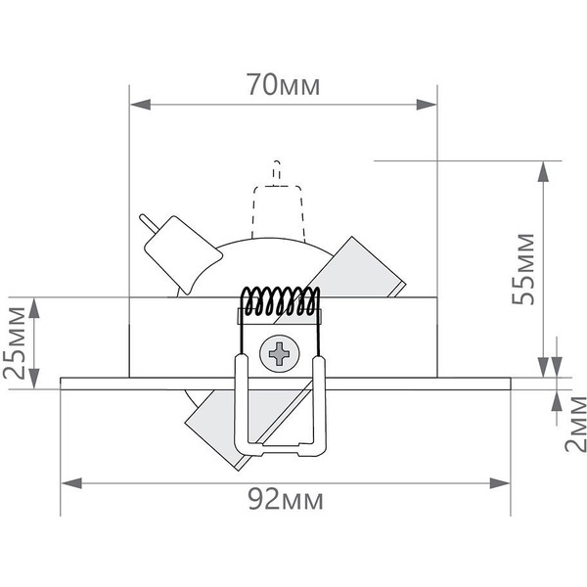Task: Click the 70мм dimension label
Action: click(x=284, y=85)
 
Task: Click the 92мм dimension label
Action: click(x=284, y=501)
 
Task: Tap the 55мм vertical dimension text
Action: click(x=525, y=269)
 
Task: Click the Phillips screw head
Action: click(x=280, y=353)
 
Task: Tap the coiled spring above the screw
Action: click(x=280, y=302)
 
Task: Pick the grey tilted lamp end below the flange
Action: click(x=210, y=427)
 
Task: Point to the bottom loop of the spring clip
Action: click(x=279, y=448)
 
